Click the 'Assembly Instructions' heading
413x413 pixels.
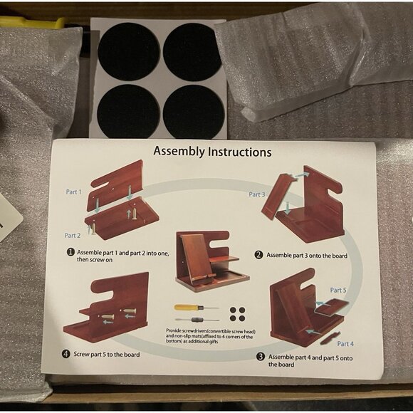point(212,152)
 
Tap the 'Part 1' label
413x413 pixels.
point(74,192)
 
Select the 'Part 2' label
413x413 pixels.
point(73,236)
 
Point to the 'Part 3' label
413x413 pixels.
point(257,194)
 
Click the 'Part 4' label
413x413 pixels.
point(345,344)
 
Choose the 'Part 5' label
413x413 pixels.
point(338,290)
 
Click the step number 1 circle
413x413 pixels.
point(70,252)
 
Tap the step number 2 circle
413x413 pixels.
point(258,255)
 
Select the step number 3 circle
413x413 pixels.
point(261,357)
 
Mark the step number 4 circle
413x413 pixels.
point(66,354)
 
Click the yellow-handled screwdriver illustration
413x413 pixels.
point(197,308)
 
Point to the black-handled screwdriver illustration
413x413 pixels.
point(197,320)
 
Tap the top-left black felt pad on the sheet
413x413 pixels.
point(129,51)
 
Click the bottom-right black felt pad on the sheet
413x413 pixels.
point(194,112)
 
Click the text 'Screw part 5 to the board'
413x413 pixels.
point(107,355)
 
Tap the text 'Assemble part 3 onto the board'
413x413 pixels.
point(307,255)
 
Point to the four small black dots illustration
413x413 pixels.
point(237,314)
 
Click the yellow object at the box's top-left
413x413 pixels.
point(32,22)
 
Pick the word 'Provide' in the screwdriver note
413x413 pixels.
point(173,330)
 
